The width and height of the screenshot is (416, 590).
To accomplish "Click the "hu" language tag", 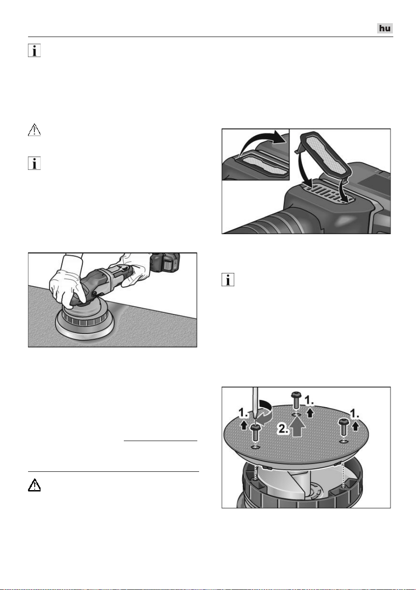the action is [384, 28].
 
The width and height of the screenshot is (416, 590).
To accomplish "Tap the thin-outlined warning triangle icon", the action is [34, 130].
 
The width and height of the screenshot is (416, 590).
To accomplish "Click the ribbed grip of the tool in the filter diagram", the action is [271, 222].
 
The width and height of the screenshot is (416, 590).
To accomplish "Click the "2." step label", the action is [284, 429].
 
